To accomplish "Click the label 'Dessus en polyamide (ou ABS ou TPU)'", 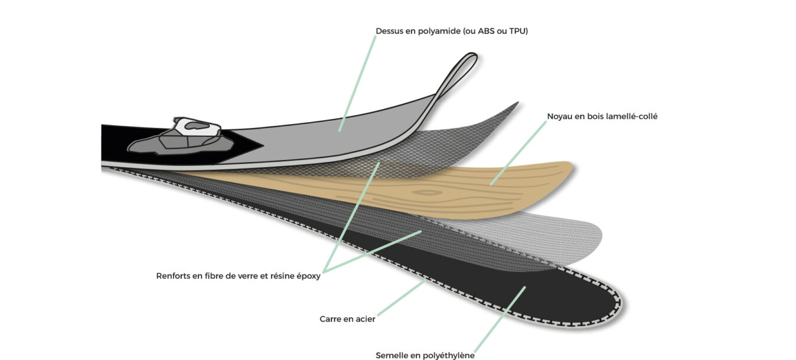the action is (x=452, y=31).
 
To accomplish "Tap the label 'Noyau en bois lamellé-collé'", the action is (x=602, y=116).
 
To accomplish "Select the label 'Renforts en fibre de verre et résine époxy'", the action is (x=238, y=276).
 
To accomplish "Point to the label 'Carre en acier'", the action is (x=347, y=319).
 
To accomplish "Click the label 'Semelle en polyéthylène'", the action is (x=425, y=355).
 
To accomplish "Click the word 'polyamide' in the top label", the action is (x=439, y=31).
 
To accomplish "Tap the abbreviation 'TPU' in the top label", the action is (x=517, y=31).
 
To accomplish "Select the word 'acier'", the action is (x=366, y=319).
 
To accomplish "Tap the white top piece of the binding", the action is (x=197, y=126).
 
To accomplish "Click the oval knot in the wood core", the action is (x=428, y=192).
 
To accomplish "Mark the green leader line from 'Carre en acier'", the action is (x=402, y=297).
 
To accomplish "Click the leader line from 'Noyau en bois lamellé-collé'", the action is (x=518, y=153).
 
